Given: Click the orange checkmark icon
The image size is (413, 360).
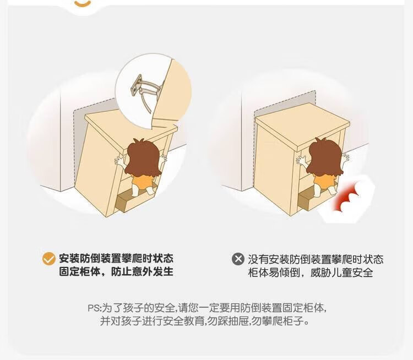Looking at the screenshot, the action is coord(48,258).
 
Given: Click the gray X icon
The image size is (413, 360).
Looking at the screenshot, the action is coord(238,259).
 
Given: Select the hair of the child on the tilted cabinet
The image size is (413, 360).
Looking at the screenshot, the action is coord(143,158).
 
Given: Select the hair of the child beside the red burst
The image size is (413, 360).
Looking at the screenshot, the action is coord(325,157).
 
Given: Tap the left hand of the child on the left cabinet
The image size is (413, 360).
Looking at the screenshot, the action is coord(120,161).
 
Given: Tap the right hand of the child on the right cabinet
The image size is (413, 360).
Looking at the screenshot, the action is coord(345,159).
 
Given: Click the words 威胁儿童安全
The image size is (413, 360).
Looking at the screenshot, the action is coord(342,272).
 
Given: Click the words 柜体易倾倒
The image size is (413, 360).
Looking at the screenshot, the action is coord(274,272).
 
